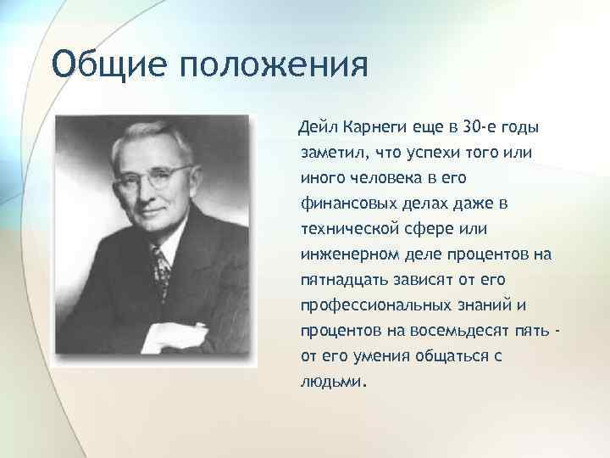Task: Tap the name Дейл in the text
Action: pos(313,128)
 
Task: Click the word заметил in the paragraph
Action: pos(331,154)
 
